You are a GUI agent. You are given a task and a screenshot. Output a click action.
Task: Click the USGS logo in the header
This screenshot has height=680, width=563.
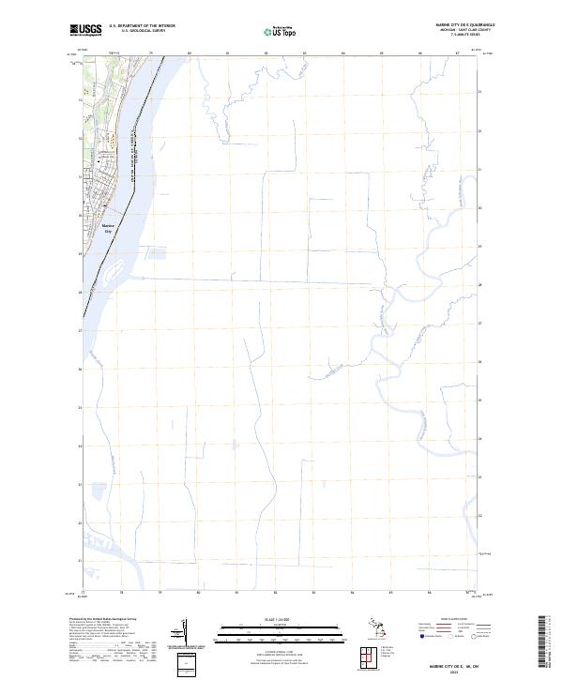click(85, 30)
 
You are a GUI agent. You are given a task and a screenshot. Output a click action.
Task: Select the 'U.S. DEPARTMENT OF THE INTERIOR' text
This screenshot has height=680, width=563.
click(142, 25)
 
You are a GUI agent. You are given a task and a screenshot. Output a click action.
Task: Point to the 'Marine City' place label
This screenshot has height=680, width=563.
click(106, 228)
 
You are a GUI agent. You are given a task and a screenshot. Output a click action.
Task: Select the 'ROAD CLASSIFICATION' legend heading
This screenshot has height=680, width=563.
click(449, 621)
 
